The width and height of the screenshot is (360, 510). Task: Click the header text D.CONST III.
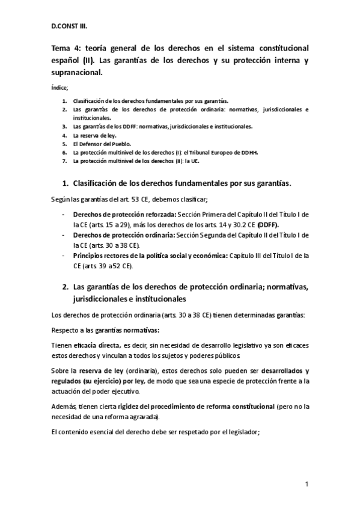click(70, 26)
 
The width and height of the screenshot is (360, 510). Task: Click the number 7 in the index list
click(64, 161)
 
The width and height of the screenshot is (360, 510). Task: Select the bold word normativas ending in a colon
click(142, 330)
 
